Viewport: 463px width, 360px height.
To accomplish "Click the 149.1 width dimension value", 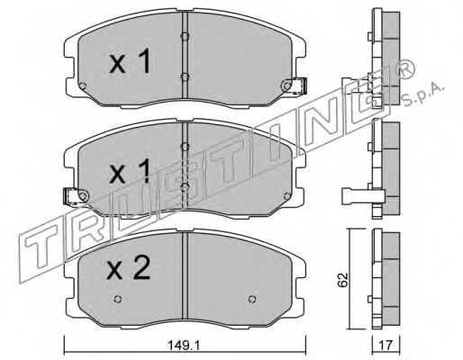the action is pos(183,346).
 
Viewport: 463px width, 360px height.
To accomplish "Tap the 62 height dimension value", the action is pos(343,280).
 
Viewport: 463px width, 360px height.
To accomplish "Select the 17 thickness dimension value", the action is pos(386,346).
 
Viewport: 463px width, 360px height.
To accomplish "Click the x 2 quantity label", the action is pos(129,269).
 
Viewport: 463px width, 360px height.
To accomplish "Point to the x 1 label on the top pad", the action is pos(130,62).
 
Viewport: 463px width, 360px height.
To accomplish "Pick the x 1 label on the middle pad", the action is pos(130,172).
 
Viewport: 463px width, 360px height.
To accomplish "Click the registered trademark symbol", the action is pos(405,70).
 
